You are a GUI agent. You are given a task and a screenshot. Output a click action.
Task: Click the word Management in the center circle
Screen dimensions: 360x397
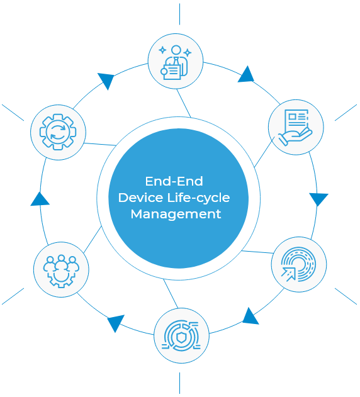[x=176, y=215]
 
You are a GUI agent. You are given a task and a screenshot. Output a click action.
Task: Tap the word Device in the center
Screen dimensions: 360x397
[x=140, y=198]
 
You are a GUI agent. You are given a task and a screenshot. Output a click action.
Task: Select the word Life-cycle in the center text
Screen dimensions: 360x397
[x=199, y=198]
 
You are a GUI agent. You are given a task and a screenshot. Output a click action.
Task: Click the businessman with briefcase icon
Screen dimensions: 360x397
[x=176, y=62]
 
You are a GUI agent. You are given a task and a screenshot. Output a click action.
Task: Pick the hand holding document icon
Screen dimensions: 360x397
[x=295, y=127]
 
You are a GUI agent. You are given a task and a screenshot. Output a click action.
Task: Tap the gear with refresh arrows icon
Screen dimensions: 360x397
[x=58, y=132]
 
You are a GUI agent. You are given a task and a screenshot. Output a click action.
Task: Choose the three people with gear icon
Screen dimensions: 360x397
[x=61, y=271]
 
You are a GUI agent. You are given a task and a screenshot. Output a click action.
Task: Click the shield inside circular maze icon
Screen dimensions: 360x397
[x=181, y=336]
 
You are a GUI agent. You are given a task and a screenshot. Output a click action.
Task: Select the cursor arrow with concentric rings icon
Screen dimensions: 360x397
[x=298, y=264]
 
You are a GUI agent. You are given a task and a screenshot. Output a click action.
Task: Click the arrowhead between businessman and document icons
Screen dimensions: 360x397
[x=246, y=75]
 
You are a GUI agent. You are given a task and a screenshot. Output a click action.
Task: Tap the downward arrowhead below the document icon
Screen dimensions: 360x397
[x=318, y=199]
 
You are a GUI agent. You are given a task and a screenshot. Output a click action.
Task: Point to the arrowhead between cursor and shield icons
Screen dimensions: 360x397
[x=250, y=316]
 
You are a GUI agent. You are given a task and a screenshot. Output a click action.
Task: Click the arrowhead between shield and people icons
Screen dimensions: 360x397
[x=116, y=322]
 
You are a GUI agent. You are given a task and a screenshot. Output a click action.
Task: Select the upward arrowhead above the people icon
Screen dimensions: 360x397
[x=40, y=199]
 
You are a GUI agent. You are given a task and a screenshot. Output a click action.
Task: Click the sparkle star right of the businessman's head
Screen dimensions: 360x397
[x=188, y=53]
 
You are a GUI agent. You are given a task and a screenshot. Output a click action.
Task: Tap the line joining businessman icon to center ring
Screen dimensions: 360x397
[x=184, y=103]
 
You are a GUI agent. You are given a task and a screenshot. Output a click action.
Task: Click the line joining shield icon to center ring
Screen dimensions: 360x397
[x=171, y=293]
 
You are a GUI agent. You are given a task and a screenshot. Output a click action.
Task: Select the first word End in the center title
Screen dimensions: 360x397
[x=155, y=181]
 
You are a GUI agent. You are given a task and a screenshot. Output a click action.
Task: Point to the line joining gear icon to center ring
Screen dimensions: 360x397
[x=100, y=144]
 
